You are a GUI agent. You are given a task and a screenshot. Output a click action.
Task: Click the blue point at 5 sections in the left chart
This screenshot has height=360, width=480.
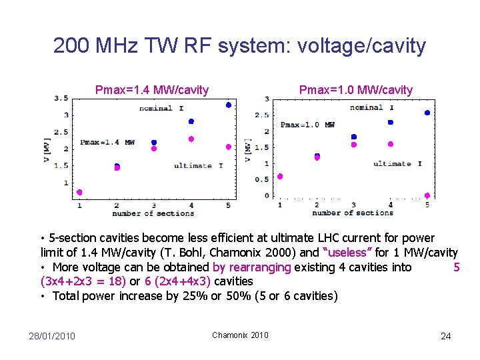(x=228, y=105)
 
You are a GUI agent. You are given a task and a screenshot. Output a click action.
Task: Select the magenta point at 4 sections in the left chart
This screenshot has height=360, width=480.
(x=191, y=139)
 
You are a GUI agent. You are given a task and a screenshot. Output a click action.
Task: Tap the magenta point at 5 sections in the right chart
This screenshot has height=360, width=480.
(x=427, y=195)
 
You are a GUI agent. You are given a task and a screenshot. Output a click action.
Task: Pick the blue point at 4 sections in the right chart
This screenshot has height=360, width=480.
(x=390, y=122)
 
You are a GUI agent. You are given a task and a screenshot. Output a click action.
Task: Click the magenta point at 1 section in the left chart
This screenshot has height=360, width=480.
(x=79, y=192)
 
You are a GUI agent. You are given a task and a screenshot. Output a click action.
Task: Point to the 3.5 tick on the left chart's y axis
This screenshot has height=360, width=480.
(x=61, y=98)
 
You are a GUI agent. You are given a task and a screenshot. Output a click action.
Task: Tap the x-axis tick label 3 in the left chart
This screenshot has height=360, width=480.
(x=154, y=205)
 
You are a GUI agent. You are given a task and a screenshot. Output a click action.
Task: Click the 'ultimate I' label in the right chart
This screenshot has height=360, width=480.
(x=397, y=163)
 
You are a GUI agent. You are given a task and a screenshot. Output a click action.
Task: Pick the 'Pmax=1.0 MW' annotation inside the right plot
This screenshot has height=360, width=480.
(x=307, y=125)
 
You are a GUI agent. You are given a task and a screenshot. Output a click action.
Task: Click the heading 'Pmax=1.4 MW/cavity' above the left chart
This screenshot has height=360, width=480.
(x=152, y=90)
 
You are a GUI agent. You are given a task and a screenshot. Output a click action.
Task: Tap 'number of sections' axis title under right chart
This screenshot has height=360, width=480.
(x=353, y=213)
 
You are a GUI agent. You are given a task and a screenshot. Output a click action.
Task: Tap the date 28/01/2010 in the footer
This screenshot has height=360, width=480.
(x=52, y=335)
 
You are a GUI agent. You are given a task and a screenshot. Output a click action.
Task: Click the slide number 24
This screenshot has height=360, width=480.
(x=445, y=335)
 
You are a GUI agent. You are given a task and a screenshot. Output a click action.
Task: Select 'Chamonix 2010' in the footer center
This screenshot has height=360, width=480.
(x=240, y=335)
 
